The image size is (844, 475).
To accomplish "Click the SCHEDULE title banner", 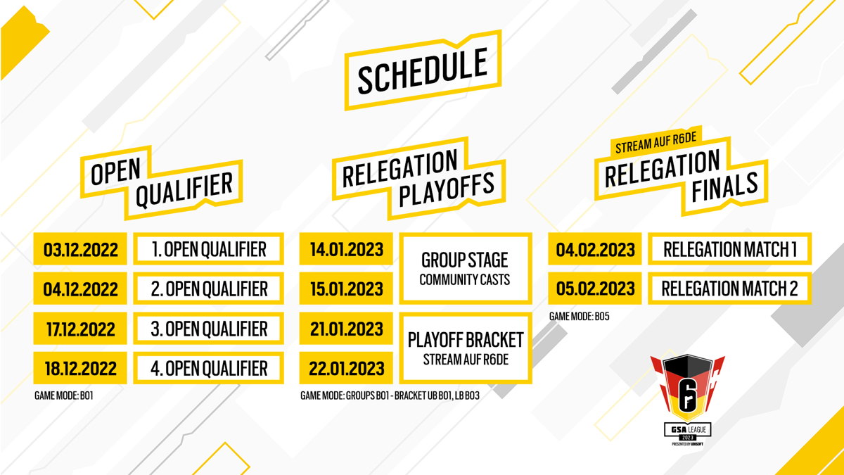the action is point(423,70).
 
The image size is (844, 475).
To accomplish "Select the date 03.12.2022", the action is point(80,249).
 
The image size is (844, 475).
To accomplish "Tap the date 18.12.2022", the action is point(80,368).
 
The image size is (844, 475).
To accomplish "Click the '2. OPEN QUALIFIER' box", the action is point(209,289).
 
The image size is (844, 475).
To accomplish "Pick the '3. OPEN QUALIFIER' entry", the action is point(209,329).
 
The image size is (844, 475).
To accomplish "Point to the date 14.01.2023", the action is point(346,249).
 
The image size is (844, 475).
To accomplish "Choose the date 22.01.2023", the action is point(346,368).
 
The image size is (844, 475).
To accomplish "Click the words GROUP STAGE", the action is point(465,260).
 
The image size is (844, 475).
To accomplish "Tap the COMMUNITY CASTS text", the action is point(465,280).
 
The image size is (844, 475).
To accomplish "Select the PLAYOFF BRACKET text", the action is point(466,340).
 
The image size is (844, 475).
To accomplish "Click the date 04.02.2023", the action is point(595,249).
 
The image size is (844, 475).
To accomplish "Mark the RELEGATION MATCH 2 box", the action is point(730,289).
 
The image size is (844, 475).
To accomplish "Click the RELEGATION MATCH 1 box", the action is point(730,249).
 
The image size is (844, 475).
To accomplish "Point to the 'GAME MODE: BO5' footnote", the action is point(579,316).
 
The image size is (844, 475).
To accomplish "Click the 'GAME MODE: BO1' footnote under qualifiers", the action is point(64,395).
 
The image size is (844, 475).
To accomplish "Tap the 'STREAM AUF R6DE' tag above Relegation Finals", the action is point(656,142).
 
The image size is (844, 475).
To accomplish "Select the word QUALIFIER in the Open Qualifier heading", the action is point(184,189).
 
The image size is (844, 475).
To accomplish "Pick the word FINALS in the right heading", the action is point(724,186).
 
